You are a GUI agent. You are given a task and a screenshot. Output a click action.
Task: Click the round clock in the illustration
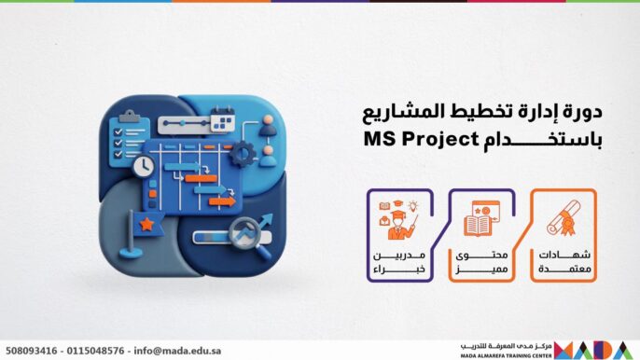(144, 167)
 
